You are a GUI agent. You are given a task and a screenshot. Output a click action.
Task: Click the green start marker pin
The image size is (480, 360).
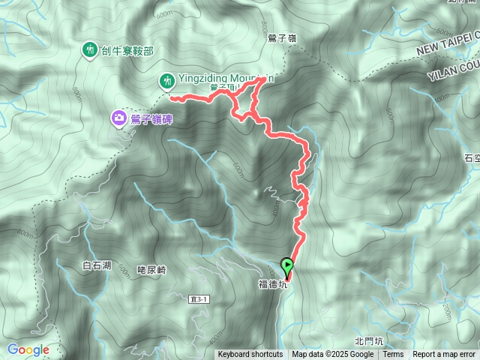[287, 265]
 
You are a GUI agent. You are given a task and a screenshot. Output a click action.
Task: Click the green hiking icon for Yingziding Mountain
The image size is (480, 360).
[166, 79]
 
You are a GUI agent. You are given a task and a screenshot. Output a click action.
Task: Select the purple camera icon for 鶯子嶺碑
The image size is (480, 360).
[118, 118]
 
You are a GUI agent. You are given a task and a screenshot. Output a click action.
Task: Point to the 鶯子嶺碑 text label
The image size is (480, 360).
[152, 118]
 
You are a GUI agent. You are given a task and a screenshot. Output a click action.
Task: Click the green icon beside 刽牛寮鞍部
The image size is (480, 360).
[89, 50]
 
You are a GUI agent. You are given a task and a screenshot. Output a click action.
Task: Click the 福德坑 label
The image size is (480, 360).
[272, 284]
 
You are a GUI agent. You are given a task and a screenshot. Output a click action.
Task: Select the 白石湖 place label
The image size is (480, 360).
[97, 265]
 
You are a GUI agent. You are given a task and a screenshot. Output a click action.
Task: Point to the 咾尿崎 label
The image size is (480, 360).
[151, 270]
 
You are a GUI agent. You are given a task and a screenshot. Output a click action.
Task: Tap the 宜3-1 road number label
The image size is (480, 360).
[199, 299]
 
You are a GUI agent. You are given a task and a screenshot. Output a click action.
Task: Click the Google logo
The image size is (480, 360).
[28, 349]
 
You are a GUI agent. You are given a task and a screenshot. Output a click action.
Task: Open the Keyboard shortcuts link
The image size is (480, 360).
[250, 355]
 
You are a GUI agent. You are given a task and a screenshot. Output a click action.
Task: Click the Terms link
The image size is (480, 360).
[393, 355]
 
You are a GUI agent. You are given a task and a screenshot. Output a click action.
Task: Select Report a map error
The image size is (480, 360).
[444, 355]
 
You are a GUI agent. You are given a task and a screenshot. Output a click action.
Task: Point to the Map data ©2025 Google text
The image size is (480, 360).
[333, 355]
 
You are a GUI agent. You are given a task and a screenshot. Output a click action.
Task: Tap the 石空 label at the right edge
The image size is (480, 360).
[472, 158]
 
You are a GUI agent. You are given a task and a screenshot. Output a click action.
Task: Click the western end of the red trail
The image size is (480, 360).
[171, 97]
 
